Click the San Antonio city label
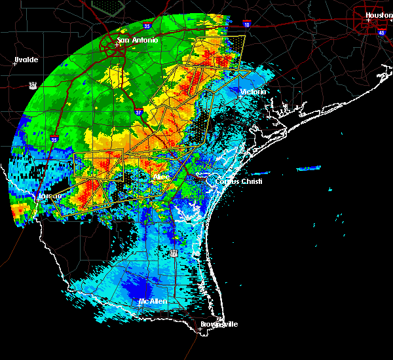pos(138,40)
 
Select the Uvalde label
pos(26,60)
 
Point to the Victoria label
pos(253,92)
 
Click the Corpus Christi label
pos(239,181)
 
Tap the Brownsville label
pos(220,324)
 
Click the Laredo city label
pos(50,195)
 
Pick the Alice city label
pos(160,177)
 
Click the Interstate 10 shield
pos(247,26)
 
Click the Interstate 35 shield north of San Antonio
pos(147,26)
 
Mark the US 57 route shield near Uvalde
pos(32,85)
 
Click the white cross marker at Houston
pos(369,20)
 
